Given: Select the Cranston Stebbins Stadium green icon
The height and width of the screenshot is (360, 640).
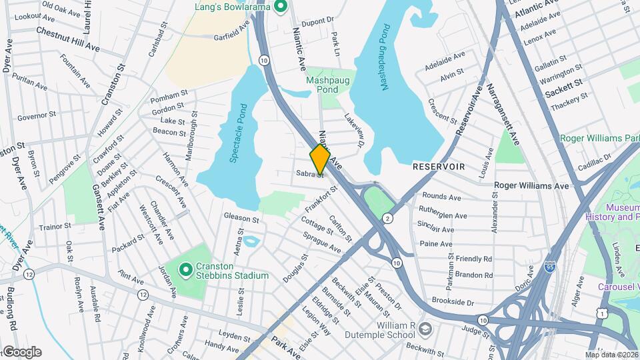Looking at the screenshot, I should click(187, 270).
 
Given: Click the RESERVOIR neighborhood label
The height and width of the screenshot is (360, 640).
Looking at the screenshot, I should click(438, 165).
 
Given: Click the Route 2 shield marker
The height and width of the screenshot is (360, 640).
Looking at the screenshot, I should click(387, 218).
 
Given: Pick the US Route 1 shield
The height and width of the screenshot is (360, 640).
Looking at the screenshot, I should click(603, 313).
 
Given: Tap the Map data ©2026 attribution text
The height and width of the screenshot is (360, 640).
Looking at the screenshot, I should click(611, 355).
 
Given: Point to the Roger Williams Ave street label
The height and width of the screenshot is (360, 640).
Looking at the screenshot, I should click(531, 185).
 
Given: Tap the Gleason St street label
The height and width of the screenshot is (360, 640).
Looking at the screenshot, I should click(241, 218).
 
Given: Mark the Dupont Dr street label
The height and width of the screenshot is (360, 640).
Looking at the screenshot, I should click(317, 21).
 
